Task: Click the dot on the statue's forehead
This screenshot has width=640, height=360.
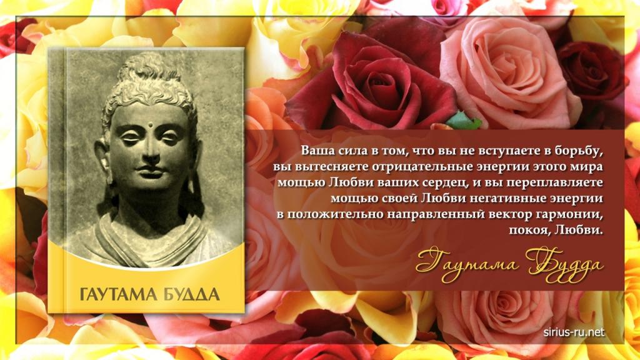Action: point(150,125)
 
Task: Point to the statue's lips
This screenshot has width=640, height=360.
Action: point(150,171)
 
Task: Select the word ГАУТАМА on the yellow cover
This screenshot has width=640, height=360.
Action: point(116,294)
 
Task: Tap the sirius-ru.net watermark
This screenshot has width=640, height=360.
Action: point(574,332)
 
